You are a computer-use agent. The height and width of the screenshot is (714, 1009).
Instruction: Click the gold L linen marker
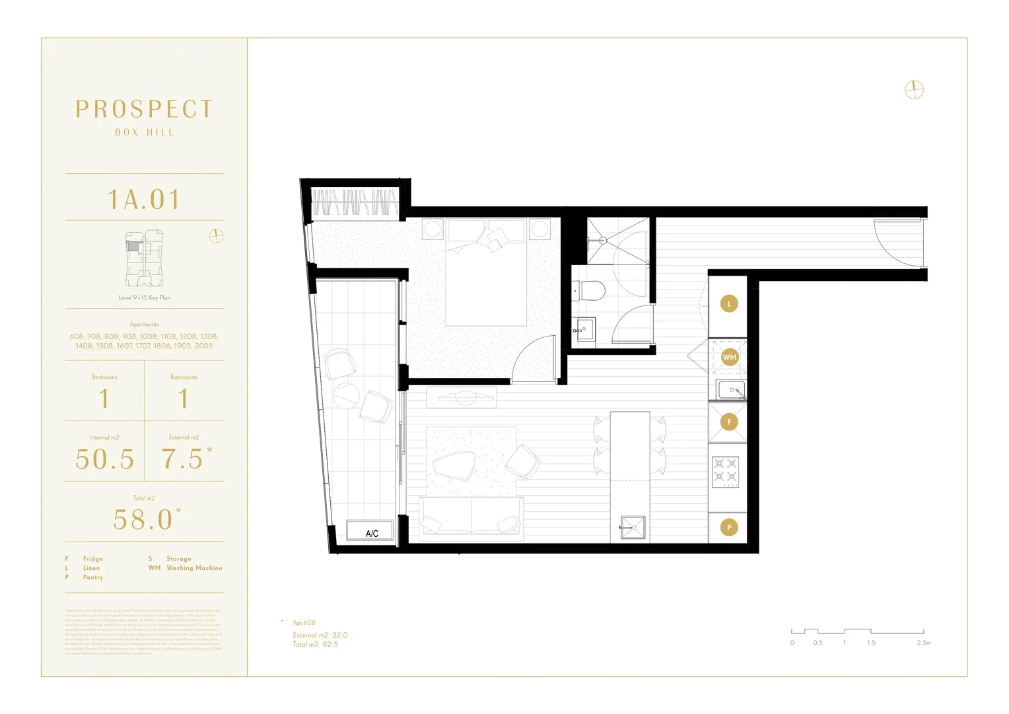point(729,304)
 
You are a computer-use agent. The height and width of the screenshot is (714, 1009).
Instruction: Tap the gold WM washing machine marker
point(729,358)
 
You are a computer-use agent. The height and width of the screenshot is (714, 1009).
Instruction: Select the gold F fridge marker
point(729,422)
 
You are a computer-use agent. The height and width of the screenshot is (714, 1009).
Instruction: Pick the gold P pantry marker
point(729,527)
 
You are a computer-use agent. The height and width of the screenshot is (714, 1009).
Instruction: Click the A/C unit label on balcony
point(371,533)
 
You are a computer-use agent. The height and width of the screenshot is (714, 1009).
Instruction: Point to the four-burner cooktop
point(725,471)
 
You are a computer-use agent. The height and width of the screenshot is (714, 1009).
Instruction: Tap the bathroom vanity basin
point(584,329)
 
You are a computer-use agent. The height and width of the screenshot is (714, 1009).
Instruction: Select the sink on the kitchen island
point(632,528)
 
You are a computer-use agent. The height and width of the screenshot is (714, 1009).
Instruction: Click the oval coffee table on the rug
point(454,465)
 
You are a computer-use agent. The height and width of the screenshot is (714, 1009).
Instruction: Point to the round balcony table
point(346,396)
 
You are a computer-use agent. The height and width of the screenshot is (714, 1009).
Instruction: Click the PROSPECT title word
point(144,109)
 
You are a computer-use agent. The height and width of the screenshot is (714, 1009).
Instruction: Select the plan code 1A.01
point(144,200)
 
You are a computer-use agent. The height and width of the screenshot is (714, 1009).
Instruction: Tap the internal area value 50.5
point(105,459)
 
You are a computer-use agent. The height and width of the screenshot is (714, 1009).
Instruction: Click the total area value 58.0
point(143,520)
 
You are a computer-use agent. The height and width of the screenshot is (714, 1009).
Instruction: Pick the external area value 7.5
point(183,459)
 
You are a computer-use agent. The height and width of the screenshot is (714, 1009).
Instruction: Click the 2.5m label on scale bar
point(923,643)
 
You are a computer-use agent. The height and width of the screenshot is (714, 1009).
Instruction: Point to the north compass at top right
point(914,90)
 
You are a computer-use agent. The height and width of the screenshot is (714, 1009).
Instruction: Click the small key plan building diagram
point(144,258)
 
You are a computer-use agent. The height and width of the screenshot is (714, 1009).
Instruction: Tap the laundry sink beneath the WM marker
point(731,390)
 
